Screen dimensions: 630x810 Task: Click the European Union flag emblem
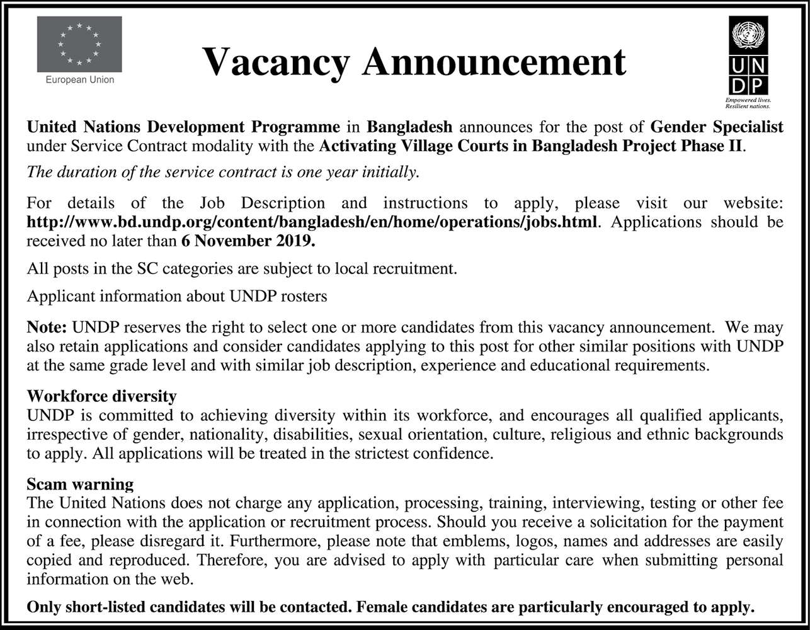tap(79, 44)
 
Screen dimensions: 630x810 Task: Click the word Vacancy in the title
tap(276, 62)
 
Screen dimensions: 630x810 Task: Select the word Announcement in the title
tap(494, 62)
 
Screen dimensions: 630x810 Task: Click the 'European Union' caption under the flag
tap(80, 80)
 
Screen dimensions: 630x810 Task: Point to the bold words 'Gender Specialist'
tap(717, 127)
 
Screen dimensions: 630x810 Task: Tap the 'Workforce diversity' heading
tap(101, 396)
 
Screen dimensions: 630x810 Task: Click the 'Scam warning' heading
tap(80, 484)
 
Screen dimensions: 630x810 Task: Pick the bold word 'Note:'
tap(47, 328)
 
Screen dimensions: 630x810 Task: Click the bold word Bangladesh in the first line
tap(409, 127)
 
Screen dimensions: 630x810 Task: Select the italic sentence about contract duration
tap(223, 172)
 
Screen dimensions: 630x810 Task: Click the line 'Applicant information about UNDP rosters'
tap(177, 296)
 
